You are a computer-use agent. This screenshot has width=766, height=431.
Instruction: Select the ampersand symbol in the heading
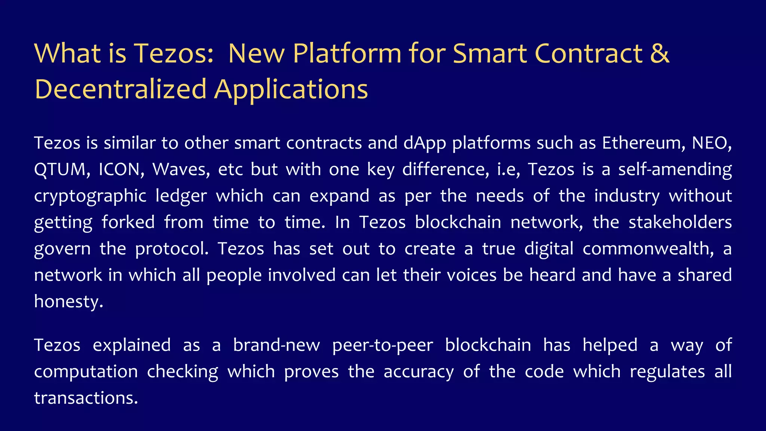tap(659, 53)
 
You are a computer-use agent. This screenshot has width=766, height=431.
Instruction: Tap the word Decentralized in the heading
tap(120, 89)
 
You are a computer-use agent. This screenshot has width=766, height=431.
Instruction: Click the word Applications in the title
tap(291, 89)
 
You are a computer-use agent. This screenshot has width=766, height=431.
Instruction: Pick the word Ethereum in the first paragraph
tap(644, 143)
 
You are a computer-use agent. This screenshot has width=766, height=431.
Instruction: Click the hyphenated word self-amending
tap(675, 169)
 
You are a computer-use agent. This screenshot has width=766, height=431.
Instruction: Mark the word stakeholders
tap(680, 222)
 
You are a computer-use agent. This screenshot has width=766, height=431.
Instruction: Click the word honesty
tap(68, 302)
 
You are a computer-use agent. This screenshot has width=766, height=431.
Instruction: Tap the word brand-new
tap(276, 345)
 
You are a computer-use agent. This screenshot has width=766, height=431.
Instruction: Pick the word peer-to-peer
tap(382, 345)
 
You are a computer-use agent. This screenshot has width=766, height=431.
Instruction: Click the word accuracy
tap(419, 372)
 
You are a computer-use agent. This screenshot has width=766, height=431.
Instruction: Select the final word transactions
tap(86, 398)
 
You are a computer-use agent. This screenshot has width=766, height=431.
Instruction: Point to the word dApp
tap(425, 143)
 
